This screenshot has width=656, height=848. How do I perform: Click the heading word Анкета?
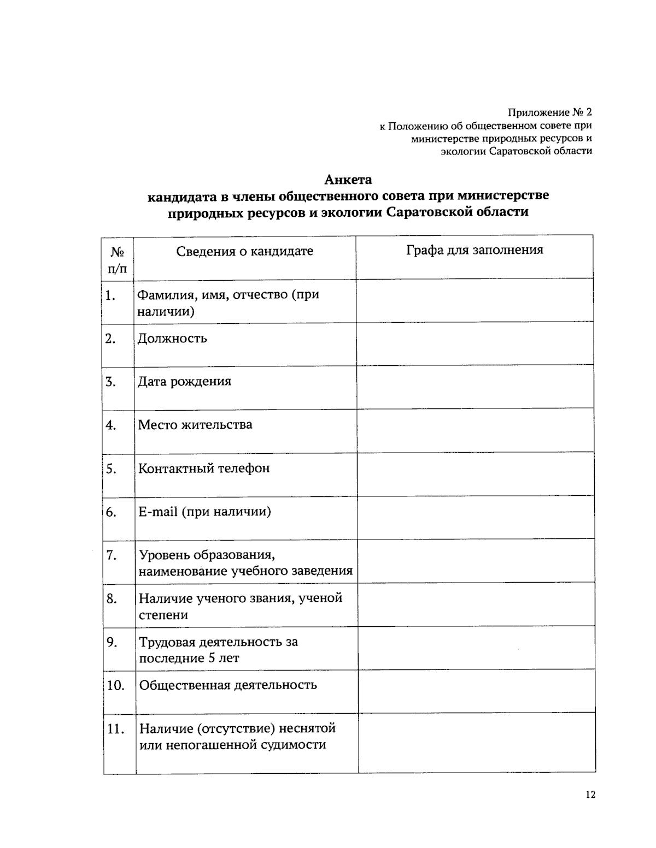pyautogui.click(x=348, y=180)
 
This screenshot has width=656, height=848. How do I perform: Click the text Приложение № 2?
pyautogui.click(x=549, y=112)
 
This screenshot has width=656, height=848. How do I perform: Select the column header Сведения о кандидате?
pyautogui.click(x=244, y=251)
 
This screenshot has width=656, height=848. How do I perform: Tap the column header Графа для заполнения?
pyautogui.click(x=475, y=250)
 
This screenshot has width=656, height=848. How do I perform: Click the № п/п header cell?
pyautogui.click(x=118, y=259)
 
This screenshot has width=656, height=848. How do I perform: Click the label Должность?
pyautogui.click(x=172, y=339)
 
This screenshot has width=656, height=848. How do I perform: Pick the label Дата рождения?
pyautogui.click(x=184, y=382)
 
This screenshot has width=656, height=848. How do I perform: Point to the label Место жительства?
pyautogui.click(x=195, y=425)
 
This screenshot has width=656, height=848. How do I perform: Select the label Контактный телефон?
pyautogui.click(x=204, y=469)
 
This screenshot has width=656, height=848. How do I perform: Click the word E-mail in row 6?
pyautogui.click(x=158, y=512)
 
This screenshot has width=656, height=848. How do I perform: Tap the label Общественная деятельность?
pyautogui.click(x=228, y=685)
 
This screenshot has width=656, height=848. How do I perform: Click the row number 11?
pyautogui.click(x=115, y=729)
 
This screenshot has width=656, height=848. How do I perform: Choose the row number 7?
pyautogui.click(x=112, y=555)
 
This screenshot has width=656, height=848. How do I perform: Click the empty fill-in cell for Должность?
pyautogui.click(x=475, y=343)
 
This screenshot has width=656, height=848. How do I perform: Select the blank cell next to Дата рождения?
pyautogui.click(x=475, y=387)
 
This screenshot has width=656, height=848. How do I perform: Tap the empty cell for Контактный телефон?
pyautogui.click(x=475, y=473)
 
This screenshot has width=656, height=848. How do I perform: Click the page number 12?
pyautogui.click(x=590, y=795)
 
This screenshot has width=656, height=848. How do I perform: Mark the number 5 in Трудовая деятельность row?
pyautogui.click(x=211, y=658)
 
